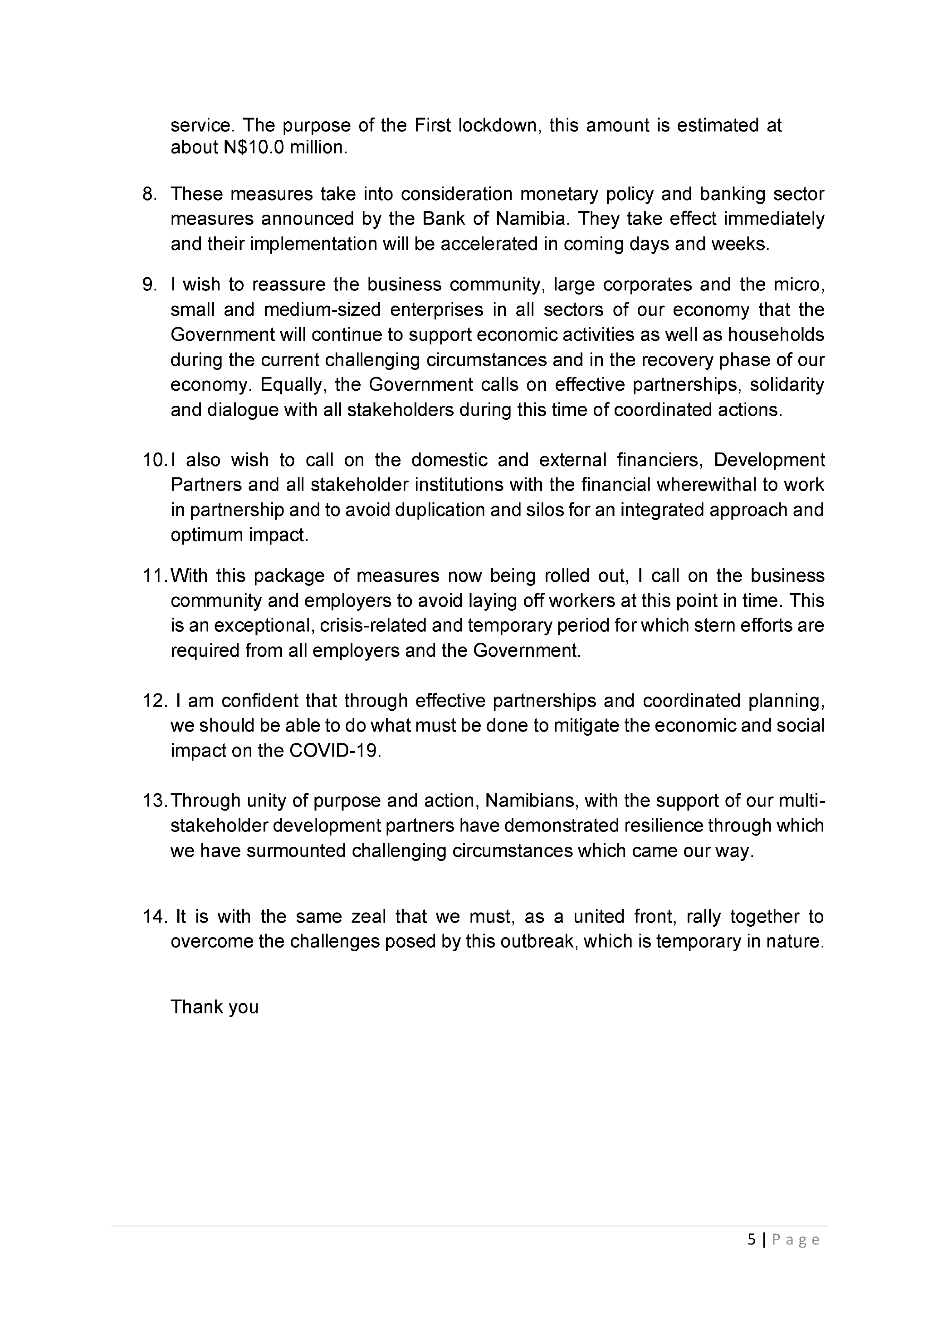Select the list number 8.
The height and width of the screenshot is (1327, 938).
(149, 194)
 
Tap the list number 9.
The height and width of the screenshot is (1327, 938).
(149, 285)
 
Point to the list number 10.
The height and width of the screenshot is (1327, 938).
(154, 460)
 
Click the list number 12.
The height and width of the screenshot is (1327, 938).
(154, 701)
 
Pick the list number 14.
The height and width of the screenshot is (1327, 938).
(154, 917)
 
